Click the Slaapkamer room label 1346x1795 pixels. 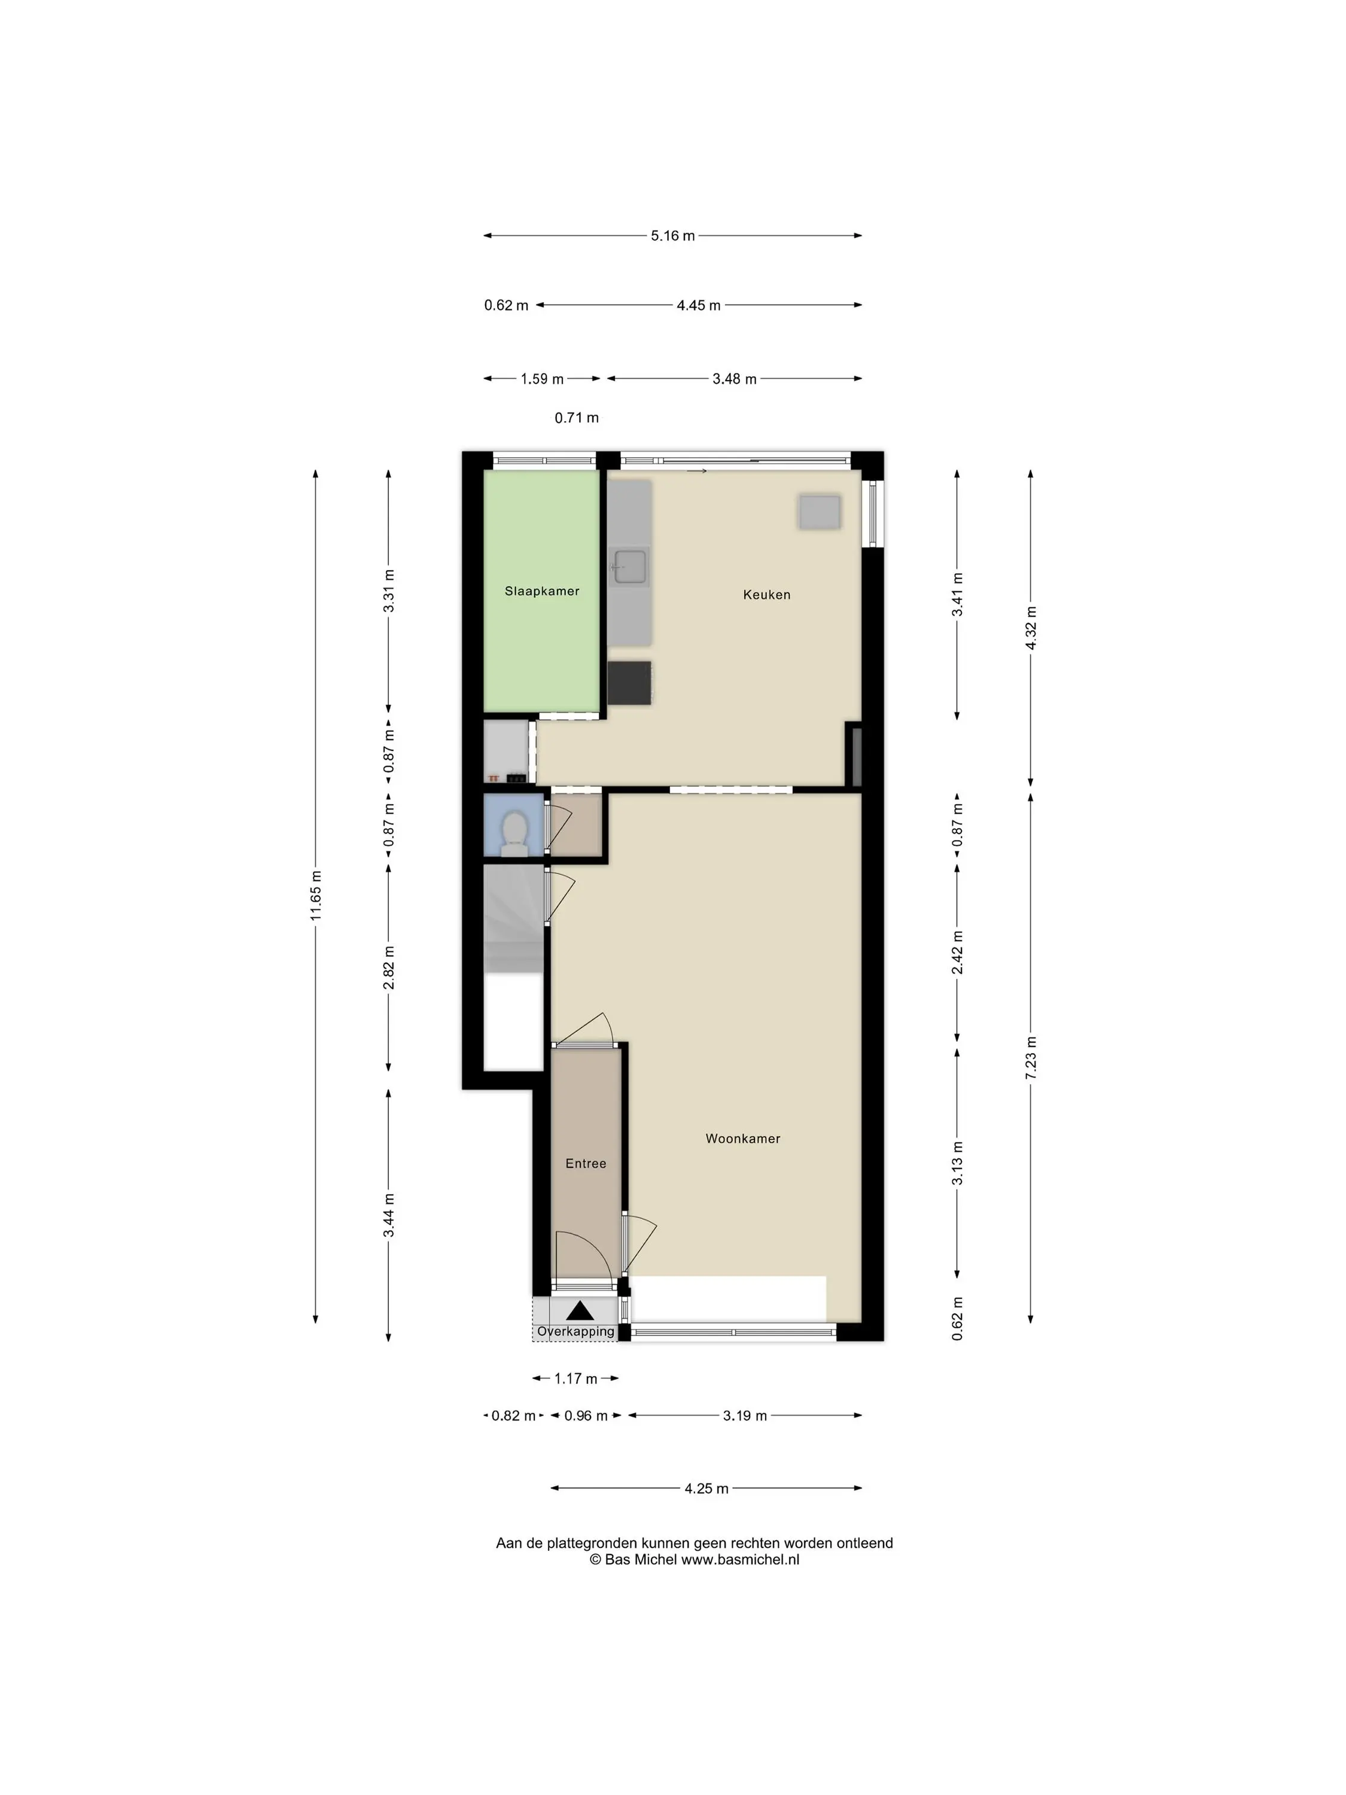(542, 591)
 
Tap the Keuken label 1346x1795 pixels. (767, 595)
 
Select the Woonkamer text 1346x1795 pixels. (743, 1139)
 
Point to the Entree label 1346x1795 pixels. (586, 1164)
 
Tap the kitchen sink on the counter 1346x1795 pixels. (629, 567)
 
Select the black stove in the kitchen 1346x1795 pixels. (629, 683)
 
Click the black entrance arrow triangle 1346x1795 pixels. (580, 1310)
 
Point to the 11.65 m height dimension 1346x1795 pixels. (316, 896)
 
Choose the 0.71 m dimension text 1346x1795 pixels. (577, 418)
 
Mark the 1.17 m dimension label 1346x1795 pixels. (576, 1379)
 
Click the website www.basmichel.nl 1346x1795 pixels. (740, 1560)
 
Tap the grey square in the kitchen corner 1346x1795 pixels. (820, 512)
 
